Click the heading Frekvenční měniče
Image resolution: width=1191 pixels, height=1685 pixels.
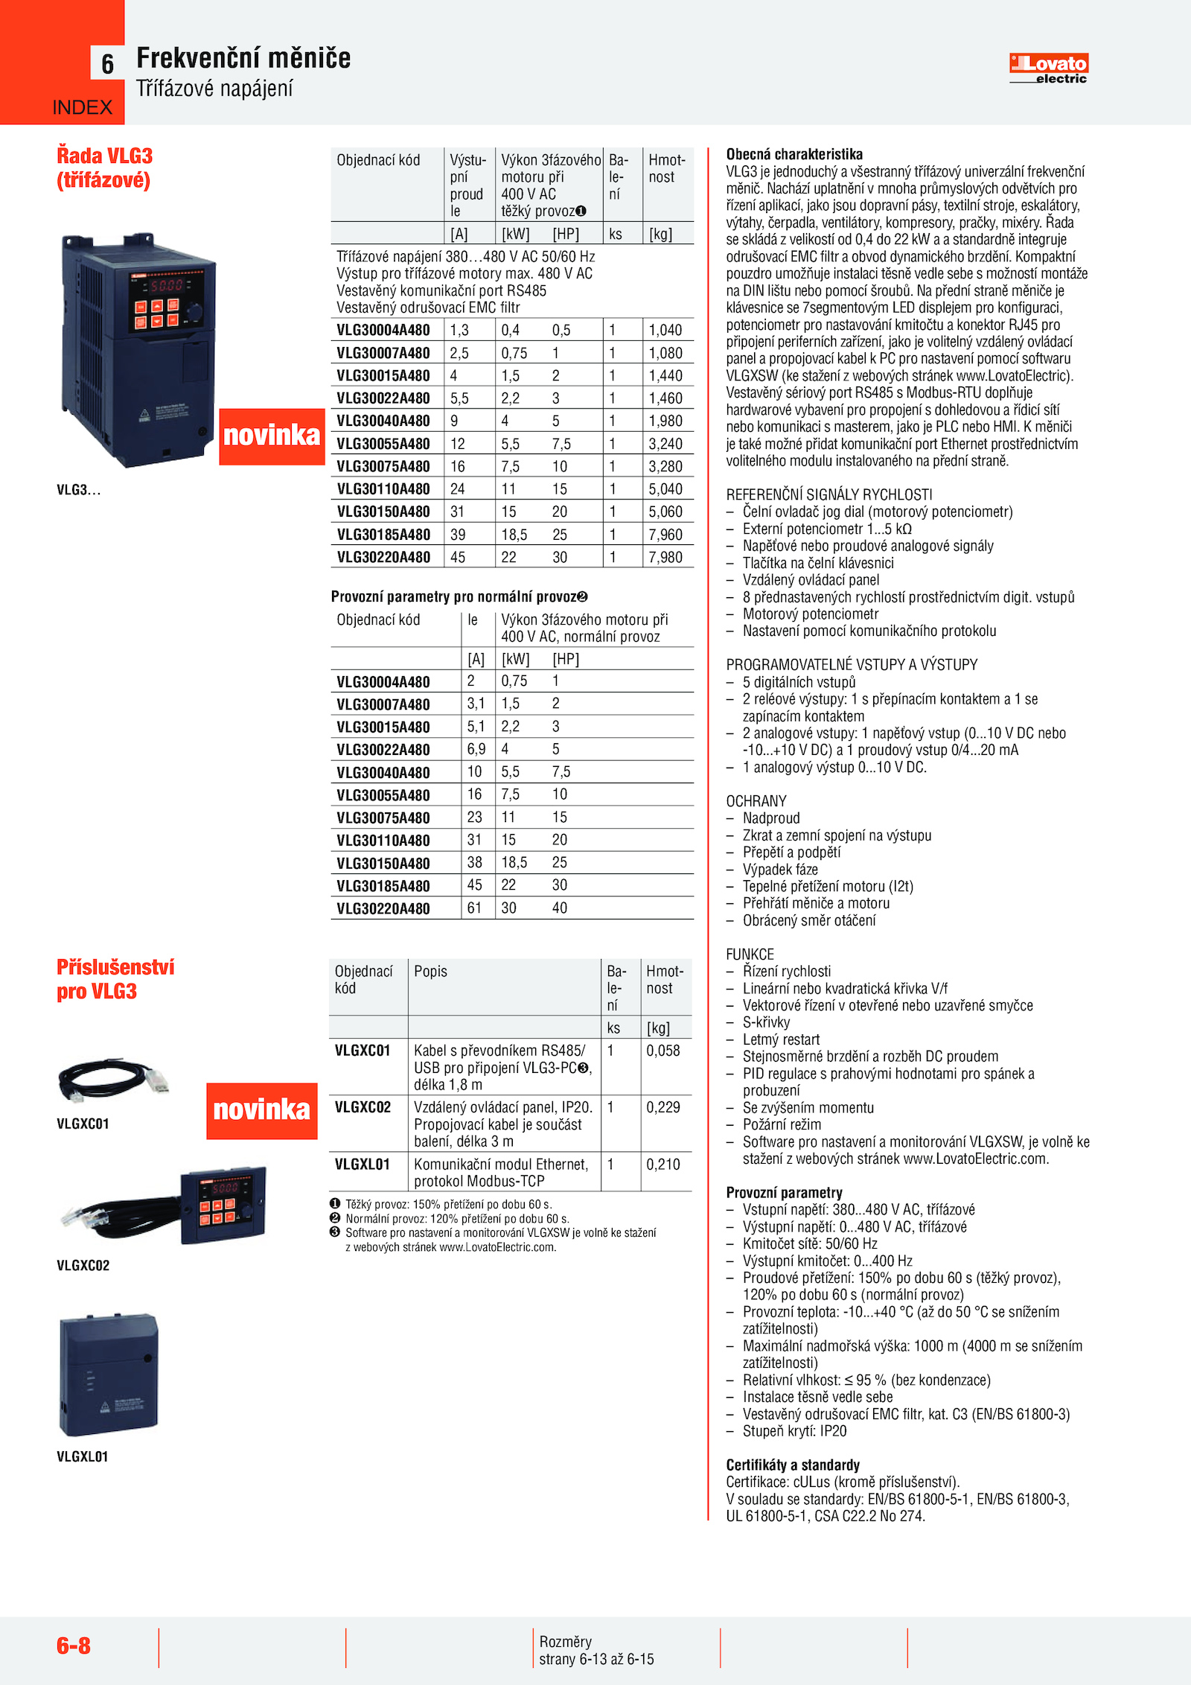[x=243, y=58]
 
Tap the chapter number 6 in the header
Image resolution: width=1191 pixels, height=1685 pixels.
[x=108, y=64]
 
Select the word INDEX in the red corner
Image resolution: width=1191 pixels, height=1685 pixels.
[x=82, y=108]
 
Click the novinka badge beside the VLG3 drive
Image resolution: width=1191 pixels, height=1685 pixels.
[x=272, y=436]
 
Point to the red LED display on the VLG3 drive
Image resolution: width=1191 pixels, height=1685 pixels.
[x=167, y=285]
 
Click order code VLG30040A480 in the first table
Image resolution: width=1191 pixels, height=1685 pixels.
[x=383, y=421]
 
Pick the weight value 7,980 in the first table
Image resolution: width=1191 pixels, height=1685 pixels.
[x=665, y=557]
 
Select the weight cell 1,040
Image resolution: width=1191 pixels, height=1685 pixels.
[x=665, y=330]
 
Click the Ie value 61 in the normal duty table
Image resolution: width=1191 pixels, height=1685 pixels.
[x=474, y=908]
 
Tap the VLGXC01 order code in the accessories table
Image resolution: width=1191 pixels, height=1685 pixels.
[x=363, y=1051]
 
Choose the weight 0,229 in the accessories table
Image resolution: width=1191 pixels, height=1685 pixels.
[x=663, y=1107]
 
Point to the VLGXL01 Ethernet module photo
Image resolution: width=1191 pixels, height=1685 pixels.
[x=109, y=1375]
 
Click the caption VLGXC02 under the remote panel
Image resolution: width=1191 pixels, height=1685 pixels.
[x=83, y=1266]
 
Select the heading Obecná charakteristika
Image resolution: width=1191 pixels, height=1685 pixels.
[x=794, y=154]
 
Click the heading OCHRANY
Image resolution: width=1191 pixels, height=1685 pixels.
[x=756, y=801]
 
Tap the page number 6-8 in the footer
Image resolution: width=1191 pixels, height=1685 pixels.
[x=74, y=1646]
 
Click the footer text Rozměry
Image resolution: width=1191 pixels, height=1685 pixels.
[x=566, y=1642]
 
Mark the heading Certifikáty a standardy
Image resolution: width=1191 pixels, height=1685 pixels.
[x=793, y=1465]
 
